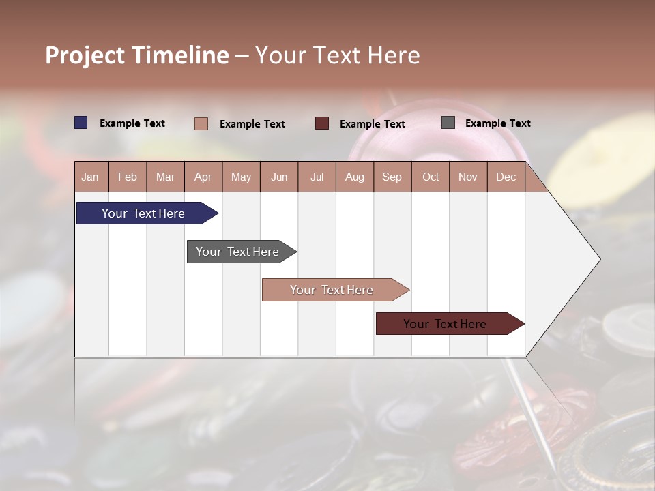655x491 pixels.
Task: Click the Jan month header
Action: pos(90,177)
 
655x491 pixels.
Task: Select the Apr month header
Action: pos(203,177)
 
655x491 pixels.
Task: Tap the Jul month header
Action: pos(317,177)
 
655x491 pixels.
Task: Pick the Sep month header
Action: pos(392,177)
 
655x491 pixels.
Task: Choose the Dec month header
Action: pos(506,177)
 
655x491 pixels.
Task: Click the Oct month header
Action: pos(430,177)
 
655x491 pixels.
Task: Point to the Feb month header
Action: pos(128,177)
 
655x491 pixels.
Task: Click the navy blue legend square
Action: pos(81,123)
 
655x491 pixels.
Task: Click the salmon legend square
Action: pos(201,123)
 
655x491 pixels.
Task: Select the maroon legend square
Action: pos(322,123)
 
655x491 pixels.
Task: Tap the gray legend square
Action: pos(448,123)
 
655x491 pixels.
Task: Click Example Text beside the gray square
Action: pos(497,123)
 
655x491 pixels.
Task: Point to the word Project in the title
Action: pos(85,55)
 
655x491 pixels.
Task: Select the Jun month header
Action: pos(279,177)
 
